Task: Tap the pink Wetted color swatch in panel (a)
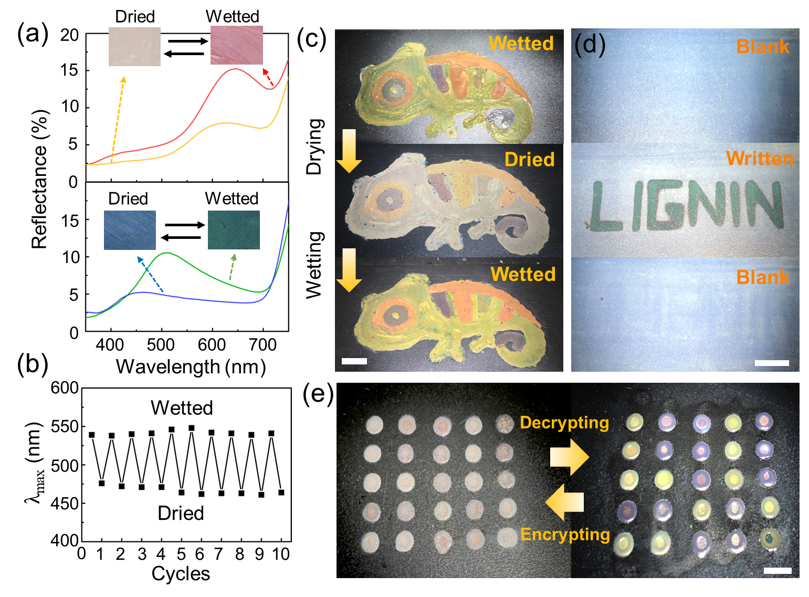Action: pos(236,45)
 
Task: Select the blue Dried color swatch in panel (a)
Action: pos(130,230)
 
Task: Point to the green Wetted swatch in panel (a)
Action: pos(234,230)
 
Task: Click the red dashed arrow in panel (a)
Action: pos(268,77)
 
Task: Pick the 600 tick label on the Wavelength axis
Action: pos(212,345)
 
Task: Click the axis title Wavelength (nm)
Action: pos(191,366)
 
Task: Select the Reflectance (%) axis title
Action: pos(39,179)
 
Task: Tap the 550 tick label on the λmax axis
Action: pos(65,426)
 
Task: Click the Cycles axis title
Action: pos(181,573)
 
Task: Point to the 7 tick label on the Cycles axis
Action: pos(218,554)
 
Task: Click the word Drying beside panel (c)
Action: pos(314,146)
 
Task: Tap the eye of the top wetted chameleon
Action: pos(394,89)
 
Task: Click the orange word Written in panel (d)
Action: pos(760,159)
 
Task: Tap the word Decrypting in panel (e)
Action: pos(564,423)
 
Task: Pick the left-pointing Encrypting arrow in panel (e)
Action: pos(564,502)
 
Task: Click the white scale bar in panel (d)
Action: pos(772,363)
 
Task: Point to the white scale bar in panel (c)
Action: pos(354,361)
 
